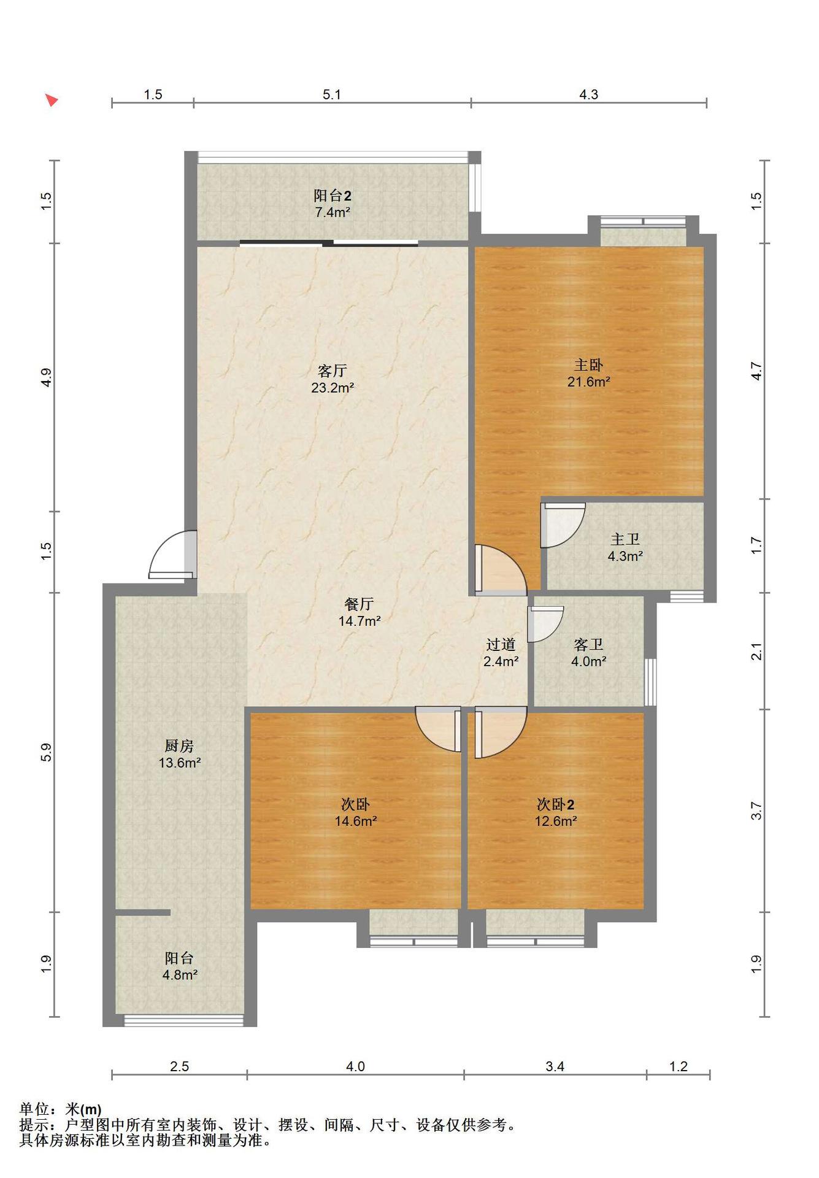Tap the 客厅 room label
pos(333,371)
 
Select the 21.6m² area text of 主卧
pos(588,382)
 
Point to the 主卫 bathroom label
pos(625,539)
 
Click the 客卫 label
pos(588,644)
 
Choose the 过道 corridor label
pos(501,644)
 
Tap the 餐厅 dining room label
pos(359,604)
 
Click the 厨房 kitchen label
pos(179,746)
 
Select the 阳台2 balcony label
pos(333,196)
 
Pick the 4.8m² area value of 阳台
pos(180,975)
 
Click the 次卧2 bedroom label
pos(555,804)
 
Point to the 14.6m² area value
pos(355,821)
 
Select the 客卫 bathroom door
pos(545,624)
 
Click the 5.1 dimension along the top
pos(332,94)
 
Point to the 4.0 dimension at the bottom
pos(355,1066)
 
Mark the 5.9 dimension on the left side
pos(46,752)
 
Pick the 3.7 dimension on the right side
pos(757,810)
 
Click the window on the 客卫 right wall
pos(650,682)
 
